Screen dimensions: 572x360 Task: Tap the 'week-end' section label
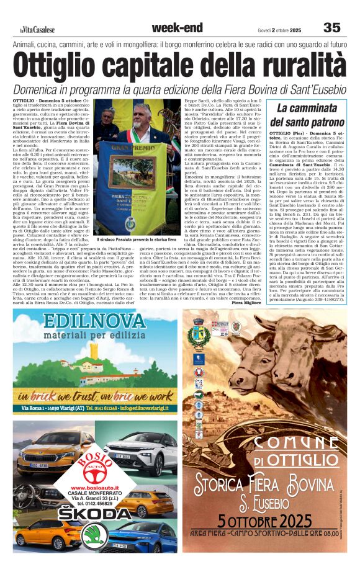tap(177, 28)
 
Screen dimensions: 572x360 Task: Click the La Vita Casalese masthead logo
tap(37, 30)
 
